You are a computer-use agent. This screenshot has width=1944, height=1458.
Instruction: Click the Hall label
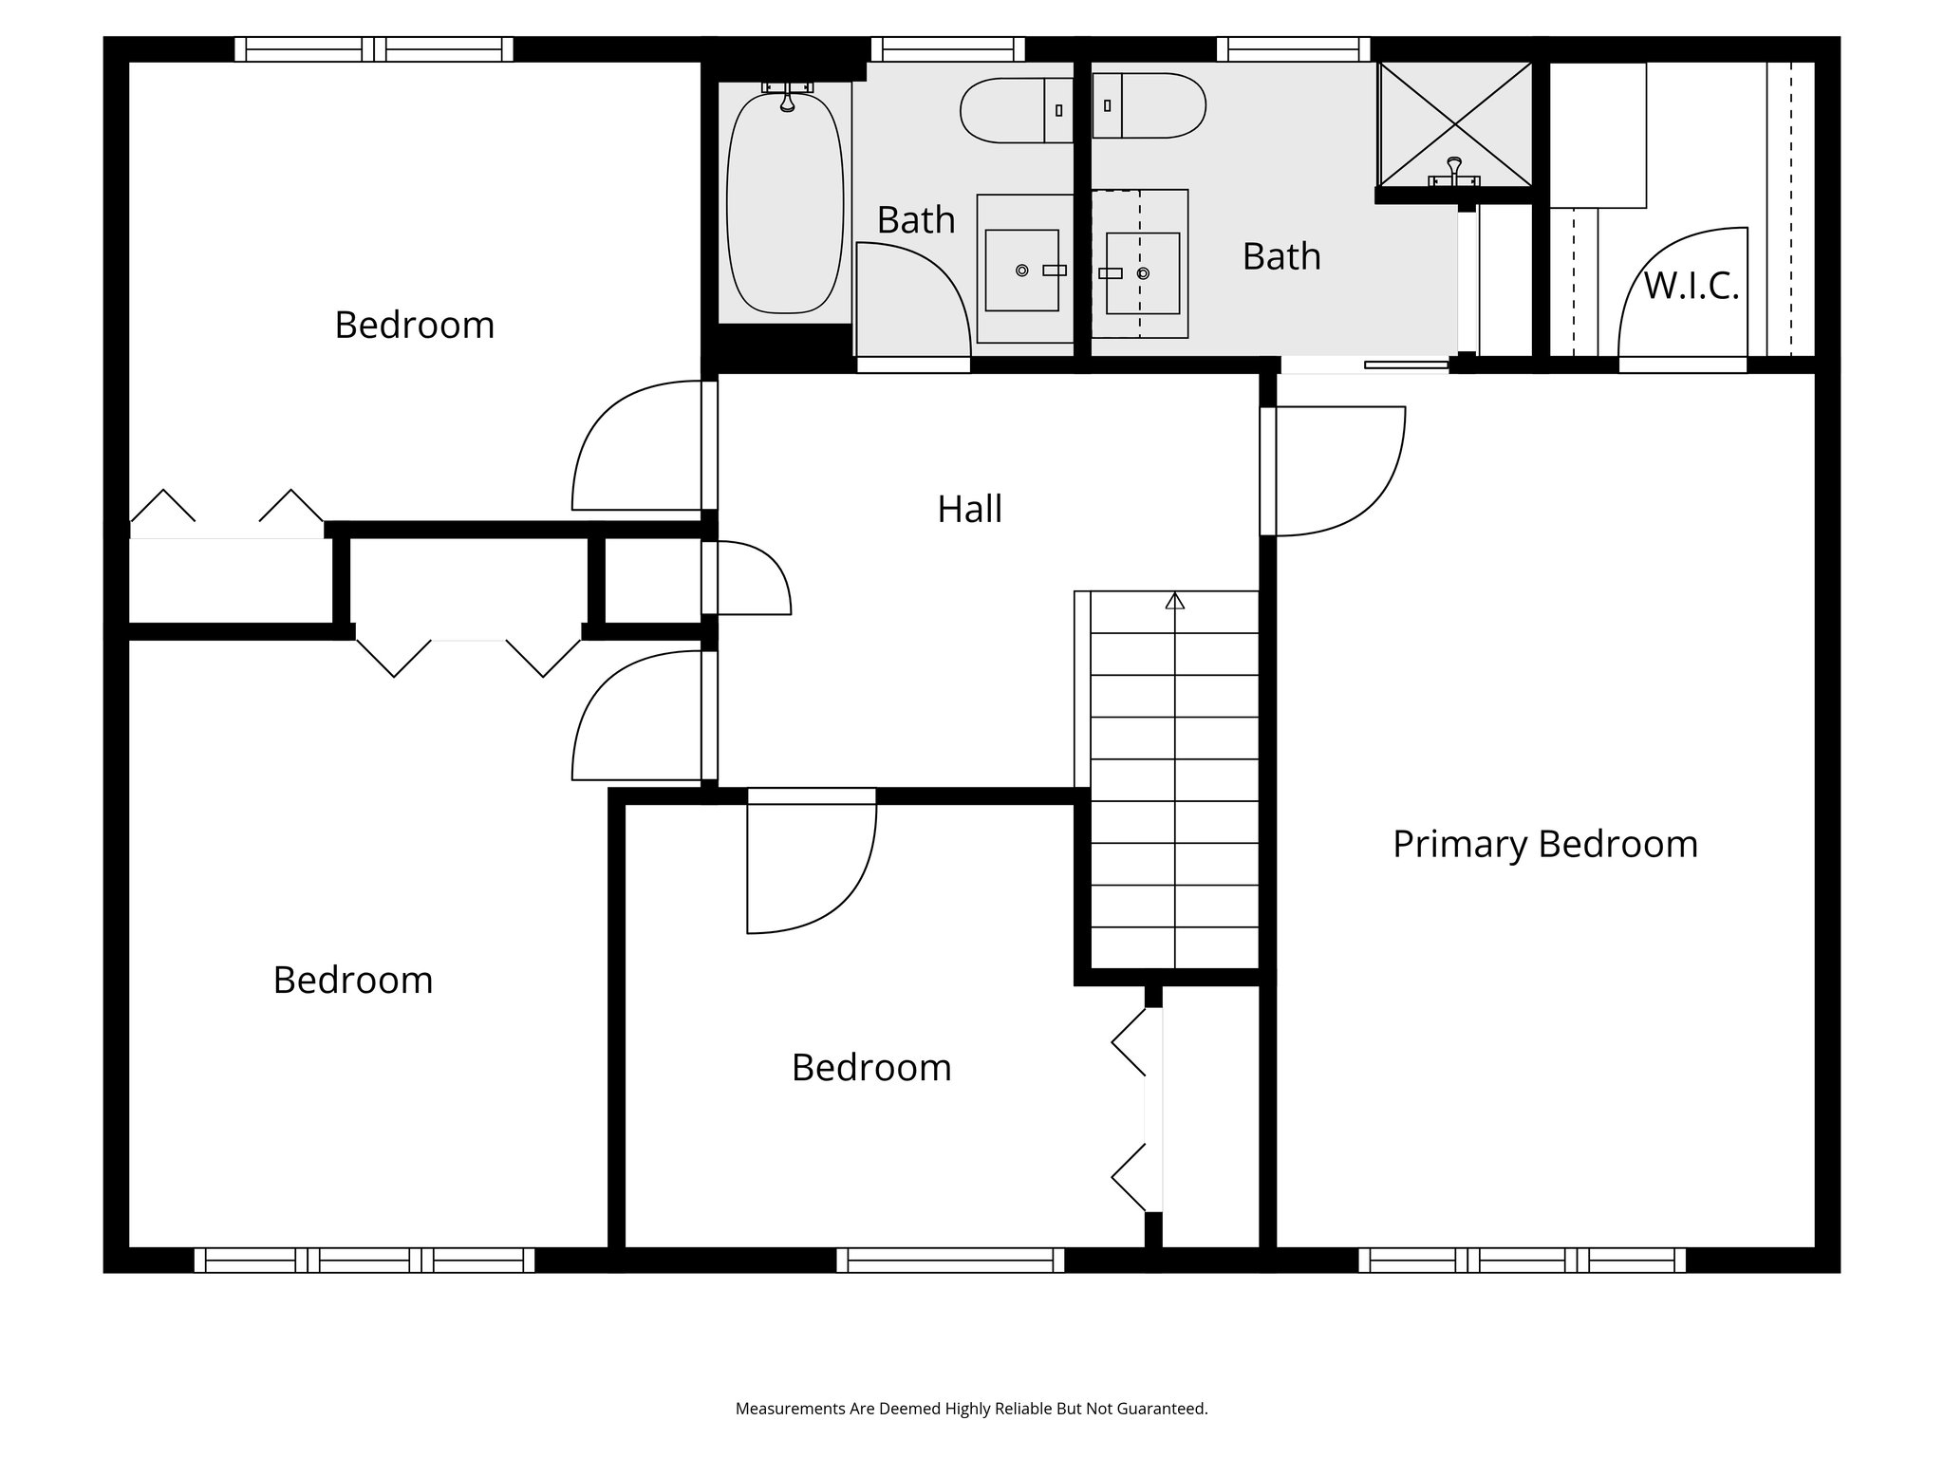[x=969, y=510]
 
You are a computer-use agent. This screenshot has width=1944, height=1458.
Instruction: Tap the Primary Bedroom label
[x=1544, y=844]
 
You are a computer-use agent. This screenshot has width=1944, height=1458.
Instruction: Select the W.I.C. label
[x=1691, y=285]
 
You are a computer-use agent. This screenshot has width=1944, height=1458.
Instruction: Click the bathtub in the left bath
[x=785, y=201]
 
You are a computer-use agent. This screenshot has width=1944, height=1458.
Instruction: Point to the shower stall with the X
[x=1454, y=124]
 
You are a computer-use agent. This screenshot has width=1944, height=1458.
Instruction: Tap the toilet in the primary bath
[x=1150, y=105]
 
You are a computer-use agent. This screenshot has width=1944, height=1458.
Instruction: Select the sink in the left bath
[x=1021, y=270]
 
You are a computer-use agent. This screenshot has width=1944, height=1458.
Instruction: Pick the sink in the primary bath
[x=1143, y=273]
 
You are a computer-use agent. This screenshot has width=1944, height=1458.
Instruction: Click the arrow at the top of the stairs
[x=1175, y=601]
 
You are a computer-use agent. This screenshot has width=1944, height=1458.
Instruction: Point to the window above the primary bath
[x=1293, y=48]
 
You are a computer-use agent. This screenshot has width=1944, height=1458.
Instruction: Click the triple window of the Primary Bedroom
[x=1522, y=1260]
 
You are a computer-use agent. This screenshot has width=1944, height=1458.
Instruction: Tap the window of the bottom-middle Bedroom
[x=950, y=1260]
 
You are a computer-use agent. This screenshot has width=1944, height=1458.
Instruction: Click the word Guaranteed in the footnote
[x=1167, y=1409]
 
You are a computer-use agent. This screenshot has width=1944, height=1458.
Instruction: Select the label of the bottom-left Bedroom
[x=353, y=980]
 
